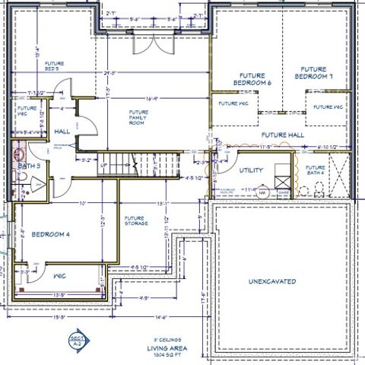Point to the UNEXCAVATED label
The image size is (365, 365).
coord(271,282)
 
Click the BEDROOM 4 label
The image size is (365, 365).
coord(50,235)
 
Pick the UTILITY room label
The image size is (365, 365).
coord(251,170)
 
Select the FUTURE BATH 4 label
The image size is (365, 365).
coord(315,170)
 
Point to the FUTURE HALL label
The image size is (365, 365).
coord(287,135)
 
